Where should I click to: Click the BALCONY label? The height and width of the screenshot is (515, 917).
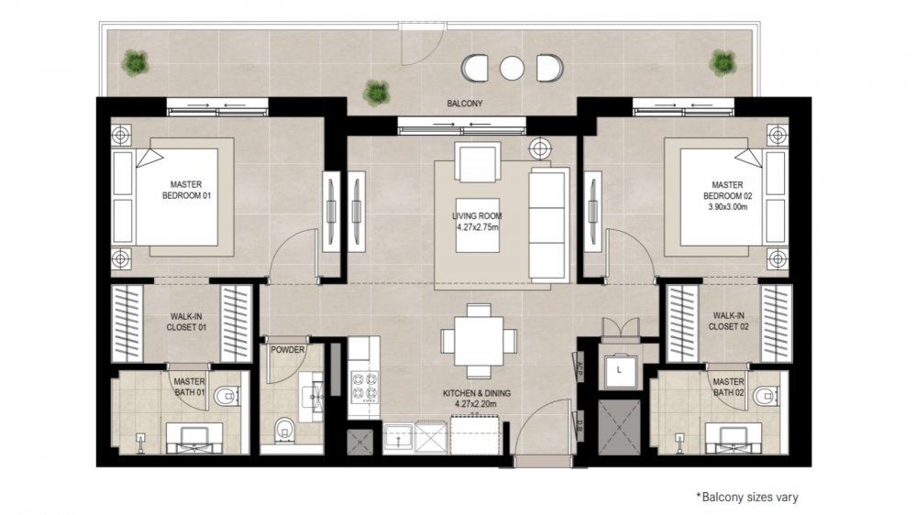tap(465, 104)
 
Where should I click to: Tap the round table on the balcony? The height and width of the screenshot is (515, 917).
tap(512, 69)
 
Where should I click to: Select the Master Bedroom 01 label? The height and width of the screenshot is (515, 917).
tap(186, 190)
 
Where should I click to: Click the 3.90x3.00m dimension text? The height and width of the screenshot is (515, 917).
tap(727, 207)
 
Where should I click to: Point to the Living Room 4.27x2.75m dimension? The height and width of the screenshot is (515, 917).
tap(478, 227)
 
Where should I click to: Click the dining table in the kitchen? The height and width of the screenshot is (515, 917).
tap(479, 341)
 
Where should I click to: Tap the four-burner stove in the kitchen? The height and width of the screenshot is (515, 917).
tap(364, 386)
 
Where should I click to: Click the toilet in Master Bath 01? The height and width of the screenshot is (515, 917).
tap(226, 397)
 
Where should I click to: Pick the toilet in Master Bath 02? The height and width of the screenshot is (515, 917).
tap(766, 397)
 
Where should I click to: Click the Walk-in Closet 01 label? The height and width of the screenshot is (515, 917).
tap(186, 322)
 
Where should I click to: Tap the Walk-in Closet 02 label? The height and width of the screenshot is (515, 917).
tap(729, 321)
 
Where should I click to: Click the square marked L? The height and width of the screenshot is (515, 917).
tap(619, 370)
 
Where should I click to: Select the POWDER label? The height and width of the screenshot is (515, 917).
tap(287, 349)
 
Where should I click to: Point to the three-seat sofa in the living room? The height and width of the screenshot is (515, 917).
tap(548, 224)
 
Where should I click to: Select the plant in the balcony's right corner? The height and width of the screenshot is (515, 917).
tap(724, 62)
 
